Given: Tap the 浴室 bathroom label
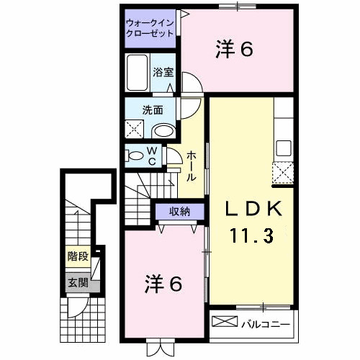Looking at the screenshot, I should [163, 72].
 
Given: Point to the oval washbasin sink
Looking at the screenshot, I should [164, 130].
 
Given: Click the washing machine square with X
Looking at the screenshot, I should [135, 130].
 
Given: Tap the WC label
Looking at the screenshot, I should [153, 156].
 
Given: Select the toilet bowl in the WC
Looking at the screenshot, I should [135, 156].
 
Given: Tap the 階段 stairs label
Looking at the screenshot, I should [78, 257].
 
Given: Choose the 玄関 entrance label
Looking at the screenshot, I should [78, 283].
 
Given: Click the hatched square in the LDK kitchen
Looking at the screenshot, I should [283, 174].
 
